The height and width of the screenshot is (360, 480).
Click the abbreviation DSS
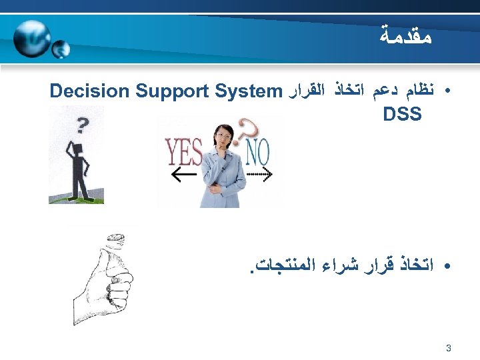[402, 115]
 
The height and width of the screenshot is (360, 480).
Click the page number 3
[448, 347]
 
